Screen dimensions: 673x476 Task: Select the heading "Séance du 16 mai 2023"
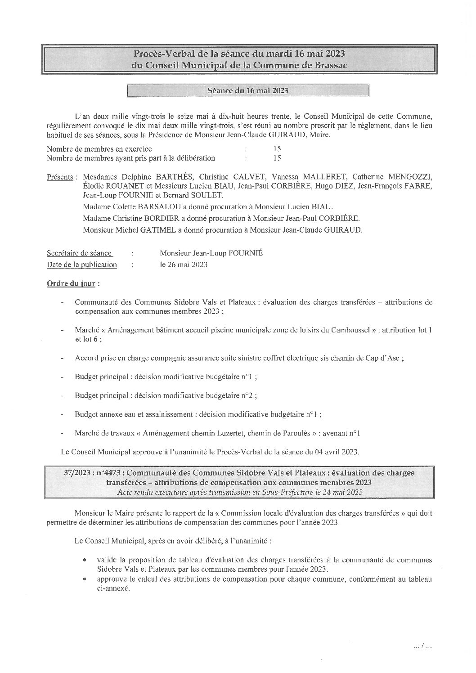247,90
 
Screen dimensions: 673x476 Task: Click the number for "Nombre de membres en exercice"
277,148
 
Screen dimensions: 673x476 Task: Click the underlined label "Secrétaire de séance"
80,253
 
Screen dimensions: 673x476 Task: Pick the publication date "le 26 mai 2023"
184,265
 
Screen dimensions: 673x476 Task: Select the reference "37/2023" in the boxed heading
77,473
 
